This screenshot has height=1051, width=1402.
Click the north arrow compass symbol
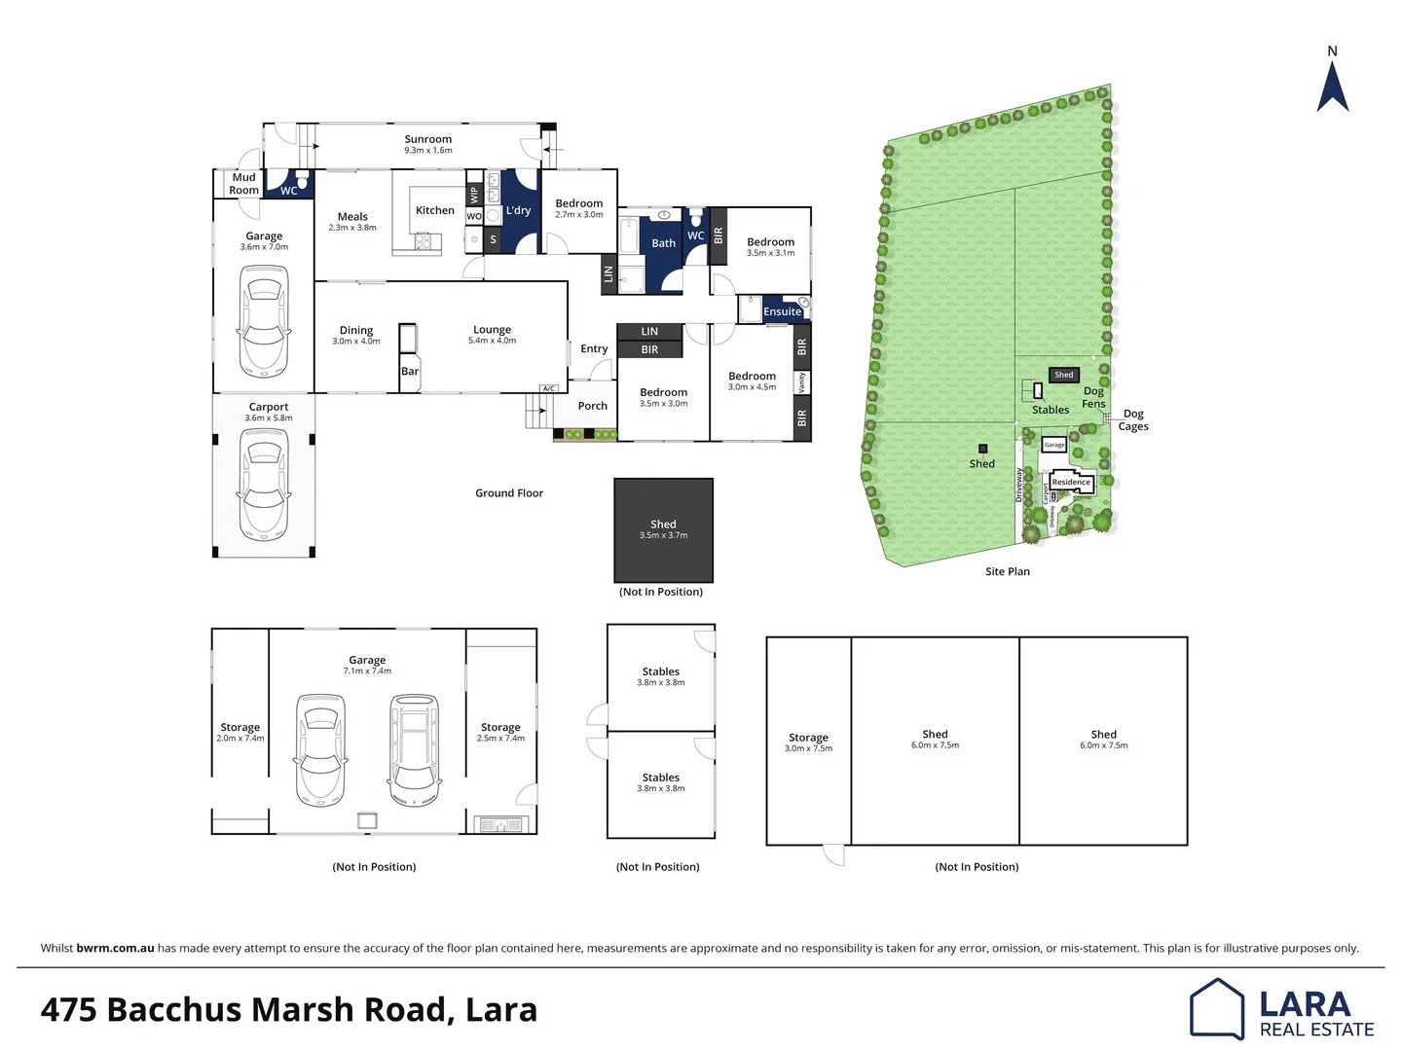(x=1332, y=87)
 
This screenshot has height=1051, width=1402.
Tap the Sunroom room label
(x=427, y=139)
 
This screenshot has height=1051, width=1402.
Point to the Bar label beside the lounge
(x=410, y=371)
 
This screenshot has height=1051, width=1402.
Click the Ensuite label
(x=782, y=311)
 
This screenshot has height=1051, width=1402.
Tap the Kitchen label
(x=434, y=210)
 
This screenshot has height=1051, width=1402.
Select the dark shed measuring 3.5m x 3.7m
(x=663, y=529)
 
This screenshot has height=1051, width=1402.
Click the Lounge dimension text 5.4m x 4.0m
(x=492, y=341)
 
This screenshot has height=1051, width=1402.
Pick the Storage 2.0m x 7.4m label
(x=240, y=732)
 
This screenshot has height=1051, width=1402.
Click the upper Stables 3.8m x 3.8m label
(x=660, y=676)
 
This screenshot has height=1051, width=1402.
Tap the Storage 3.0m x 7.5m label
(x=808, y=743)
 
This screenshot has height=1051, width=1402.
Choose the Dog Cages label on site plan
(x=1132, y=419)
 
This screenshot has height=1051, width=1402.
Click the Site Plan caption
(x=1007, y=571)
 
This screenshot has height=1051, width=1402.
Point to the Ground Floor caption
(x=508, y=493)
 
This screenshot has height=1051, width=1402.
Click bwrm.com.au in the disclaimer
(x=115, y=948)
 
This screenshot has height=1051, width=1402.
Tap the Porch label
(x=592, y=406)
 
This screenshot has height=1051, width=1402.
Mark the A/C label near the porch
(x=548, y=388)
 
